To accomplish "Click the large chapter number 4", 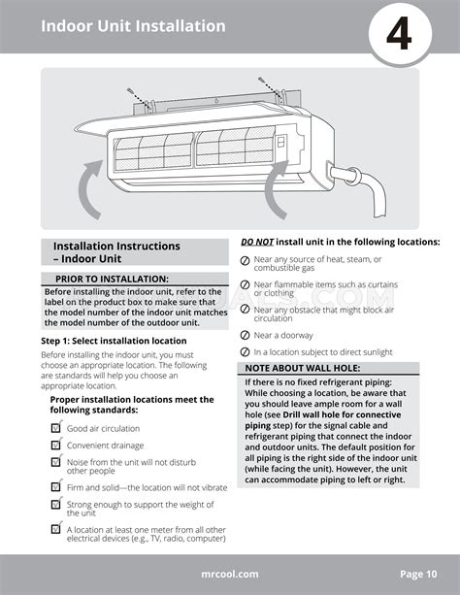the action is click(399, 34).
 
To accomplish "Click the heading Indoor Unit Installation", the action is click(133, 26).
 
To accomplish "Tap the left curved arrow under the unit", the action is click(88, 189).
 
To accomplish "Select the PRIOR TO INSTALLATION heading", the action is click(112, 279).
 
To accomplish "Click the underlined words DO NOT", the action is click(257, 242).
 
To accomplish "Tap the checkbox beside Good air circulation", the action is click(56, 428).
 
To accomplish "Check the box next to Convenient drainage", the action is click(56, 444).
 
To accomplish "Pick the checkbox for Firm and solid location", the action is click(56, 486).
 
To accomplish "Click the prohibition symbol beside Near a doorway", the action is click(246, 335).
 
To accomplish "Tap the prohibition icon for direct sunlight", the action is click(246, 351).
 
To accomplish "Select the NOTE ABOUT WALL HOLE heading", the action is click(303, 368).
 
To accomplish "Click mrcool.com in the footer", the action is click(230, 574).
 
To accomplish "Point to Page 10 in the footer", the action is click(418, 574).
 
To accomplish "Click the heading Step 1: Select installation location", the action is click(114, 341).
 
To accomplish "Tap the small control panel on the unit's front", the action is click(281, 142).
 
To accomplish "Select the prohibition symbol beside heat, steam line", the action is click(246, 260).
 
